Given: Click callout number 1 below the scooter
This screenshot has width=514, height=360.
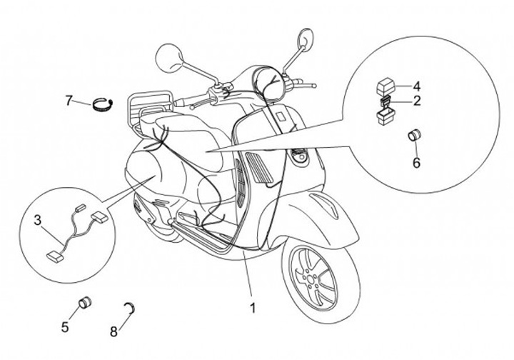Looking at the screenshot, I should coord(252,309).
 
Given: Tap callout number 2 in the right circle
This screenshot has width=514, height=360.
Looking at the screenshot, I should coord(416,101).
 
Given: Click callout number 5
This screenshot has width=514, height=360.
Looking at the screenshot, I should coord(65,328).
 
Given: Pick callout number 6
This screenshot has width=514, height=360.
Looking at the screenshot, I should coord(416,162).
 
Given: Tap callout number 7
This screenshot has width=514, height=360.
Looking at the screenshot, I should coord(69,100).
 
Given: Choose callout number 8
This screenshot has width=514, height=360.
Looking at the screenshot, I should coord(114,331).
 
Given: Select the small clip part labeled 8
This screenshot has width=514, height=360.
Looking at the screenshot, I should coord(131,308).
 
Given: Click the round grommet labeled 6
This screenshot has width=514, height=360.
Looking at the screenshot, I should coord(414,136).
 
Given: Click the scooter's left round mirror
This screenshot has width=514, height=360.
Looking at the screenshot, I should coord(171,54).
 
